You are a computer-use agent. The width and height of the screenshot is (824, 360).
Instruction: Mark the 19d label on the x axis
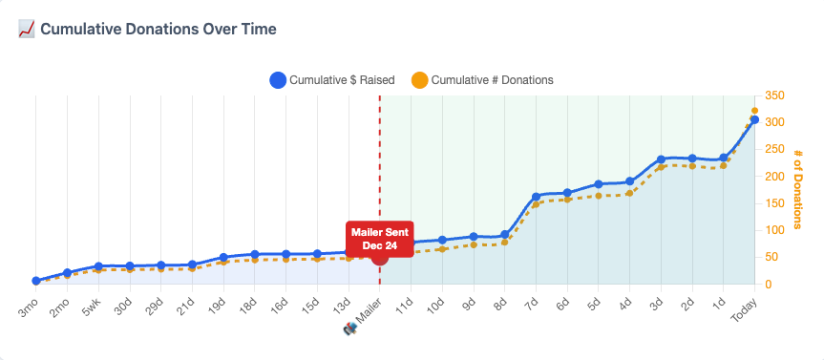(x=217, y=305)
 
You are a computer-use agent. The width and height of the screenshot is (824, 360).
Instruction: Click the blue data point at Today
(x=754, y=120)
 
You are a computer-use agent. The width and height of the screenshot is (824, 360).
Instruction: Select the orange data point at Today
(x=754, y=111)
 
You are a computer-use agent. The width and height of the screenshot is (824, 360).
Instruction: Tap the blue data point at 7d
(x=537, y=197)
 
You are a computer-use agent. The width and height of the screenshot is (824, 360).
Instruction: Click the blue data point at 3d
(x=661, y=159)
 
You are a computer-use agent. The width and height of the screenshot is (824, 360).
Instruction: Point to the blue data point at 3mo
(x=36, y=281)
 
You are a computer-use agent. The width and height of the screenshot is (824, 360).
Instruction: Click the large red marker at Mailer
(x=380, y=255)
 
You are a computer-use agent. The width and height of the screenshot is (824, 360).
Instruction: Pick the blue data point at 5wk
(x=98, y=266)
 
